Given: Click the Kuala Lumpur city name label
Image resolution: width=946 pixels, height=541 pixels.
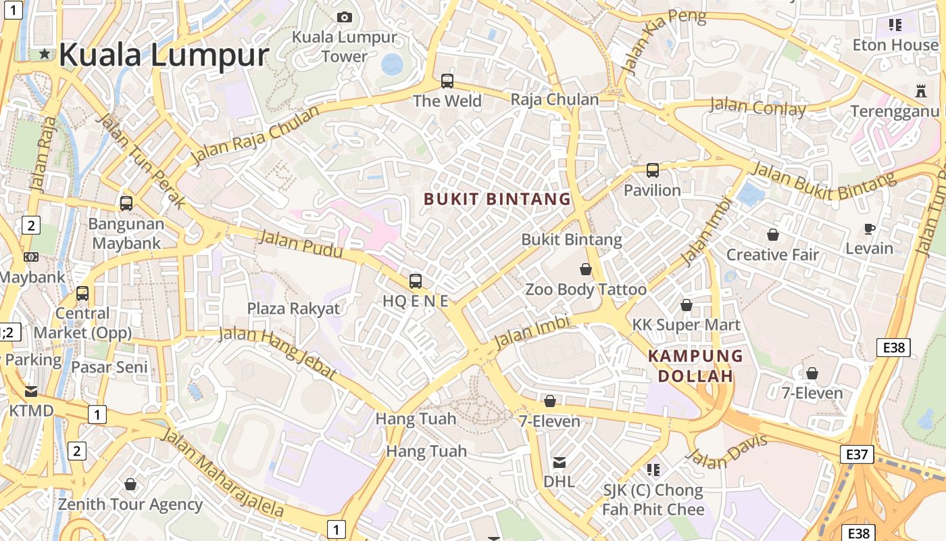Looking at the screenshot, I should point(164,55).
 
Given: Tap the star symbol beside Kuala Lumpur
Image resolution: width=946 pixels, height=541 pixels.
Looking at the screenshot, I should point(45,53).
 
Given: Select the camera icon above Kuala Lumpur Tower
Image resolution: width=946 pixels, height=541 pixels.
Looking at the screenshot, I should point(345,17).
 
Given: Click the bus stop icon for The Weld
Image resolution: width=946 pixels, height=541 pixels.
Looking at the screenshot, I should point(447,81).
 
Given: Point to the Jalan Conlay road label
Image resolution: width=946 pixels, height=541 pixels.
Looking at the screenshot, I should point(757,107).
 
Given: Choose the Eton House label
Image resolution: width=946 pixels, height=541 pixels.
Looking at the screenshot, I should point(895,45).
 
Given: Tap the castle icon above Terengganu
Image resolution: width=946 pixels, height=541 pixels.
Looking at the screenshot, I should point(919,90).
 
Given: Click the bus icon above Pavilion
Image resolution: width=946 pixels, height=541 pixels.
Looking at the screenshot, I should point(652,170).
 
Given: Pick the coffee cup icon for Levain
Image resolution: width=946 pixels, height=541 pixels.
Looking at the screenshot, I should point(870,229).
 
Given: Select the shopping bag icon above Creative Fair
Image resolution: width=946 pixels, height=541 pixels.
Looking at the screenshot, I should point(772,235).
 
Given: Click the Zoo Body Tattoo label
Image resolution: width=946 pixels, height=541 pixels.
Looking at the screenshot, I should point(586,290).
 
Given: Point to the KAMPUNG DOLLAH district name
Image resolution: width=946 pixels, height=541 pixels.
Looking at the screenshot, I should point(695,366).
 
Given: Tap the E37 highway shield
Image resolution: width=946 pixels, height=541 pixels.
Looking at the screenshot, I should point(856,454).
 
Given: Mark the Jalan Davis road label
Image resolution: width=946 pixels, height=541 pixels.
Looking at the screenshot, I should point(727,452).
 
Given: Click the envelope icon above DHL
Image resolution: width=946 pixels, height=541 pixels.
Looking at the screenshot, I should point(559,463).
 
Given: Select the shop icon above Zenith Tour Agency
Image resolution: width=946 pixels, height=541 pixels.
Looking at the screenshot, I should point(130,484).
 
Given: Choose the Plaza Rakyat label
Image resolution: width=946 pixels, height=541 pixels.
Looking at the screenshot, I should point(293,309).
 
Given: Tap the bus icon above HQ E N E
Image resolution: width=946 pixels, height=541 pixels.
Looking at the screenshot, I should point(416,281).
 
